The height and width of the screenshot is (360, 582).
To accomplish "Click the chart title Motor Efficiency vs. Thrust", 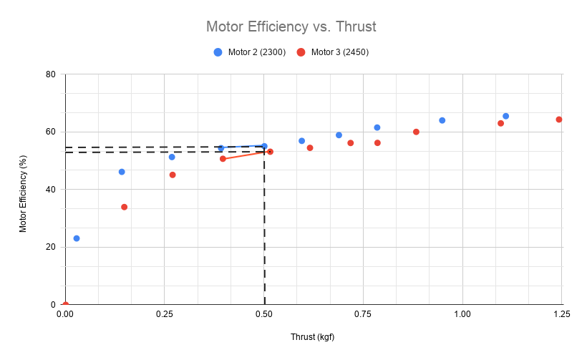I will tap(291, 26).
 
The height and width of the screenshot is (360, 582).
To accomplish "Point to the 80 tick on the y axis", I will tap(51, 74).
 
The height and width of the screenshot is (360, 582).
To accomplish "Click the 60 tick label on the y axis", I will tap(51, 132).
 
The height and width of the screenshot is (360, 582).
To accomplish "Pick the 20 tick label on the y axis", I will tap(51, 247).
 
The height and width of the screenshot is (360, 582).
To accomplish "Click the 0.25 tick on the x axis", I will tap(164, 313).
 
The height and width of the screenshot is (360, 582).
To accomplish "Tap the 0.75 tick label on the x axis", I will tap(363, 313).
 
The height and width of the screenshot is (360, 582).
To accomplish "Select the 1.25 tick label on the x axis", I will tap(562, 313).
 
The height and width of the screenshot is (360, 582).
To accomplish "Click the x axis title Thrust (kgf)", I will tap(312, 336).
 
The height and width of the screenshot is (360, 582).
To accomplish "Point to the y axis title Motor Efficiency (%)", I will tap(23, 190).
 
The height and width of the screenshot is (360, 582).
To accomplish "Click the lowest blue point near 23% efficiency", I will tap(77, 238).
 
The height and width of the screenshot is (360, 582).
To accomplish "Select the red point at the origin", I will tap(65, 305).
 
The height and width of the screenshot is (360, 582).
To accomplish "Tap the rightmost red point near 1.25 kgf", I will tap(559, 120).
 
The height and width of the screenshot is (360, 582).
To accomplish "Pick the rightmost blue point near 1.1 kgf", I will tap(505, 116).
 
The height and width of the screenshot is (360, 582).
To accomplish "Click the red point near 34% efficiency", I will tap(125, 207).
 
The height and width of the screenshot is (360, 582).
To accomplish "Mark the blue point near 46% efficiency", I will tap(122, 172).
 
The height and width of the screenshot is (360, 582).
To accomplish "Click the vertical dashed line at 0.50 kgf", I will tap(265, 229).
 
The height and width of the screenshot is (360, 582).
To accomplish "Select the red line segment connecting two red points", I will tap(246, 155).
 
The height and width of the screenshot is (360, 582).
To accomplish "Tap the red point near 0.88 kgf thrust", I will tap(416, 132).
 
